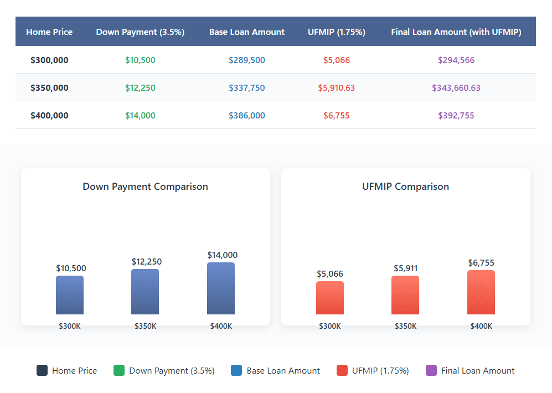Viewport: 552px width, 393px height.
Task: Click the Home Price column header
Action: click(x=49, y=32)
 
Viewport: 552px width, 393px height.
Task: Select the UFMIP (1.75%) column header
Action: click(x=336, y=32)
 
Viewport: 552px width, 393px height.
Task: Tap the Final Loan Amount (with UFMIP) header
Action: click(x=456, y=32)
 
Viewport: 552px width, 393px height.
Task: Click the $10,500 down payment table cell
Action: click(x=140, y=60)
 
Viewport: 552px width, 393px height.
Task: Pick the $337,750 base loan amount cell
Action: click(x=246, y=88)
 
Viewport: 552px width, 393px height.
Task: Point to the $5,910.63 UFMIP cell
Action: click(x=336, y=88)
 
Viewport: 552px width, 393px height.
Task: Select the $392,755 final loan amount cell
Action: click(x=456, y=116)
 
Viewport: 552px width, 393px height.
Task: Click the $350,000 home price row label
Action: click(x=49, y=88)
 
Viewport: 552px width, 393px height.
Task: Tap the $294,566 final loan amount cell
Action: click(x=456, y=60)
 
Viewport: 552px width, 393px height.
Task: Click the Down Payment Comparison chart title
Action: click(x=145, y=187)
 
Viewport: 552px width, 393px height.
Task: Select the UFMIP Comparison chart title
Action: click(x=405, y=187)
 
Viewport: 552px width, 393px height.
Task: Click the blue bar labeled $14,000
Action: click(x=221, y=288)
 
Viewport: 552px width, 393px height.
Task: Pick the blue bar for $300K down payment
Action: click(x=70, y=295)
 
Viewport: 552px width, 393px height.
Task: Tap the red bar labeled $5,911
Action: click(x=405, y=295)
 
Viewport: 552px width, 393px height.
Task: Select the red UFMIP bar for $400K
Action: click(x=481, y=292)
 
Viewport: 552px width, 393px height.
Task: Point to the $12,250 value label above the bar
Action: click(x=146, y=262)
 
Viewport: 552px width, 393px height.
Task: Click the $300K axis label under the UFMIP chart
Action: click(x=330, y=327)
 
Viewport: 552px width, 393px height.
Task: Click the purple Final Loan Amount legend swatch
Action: click(x=431, y=371)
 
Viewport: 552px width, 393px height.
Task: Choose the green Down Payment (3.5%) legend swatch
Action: click(x=119, y=371)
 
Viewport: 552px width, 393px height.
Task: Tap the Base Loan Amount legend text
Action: click(x=283, y=371)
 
